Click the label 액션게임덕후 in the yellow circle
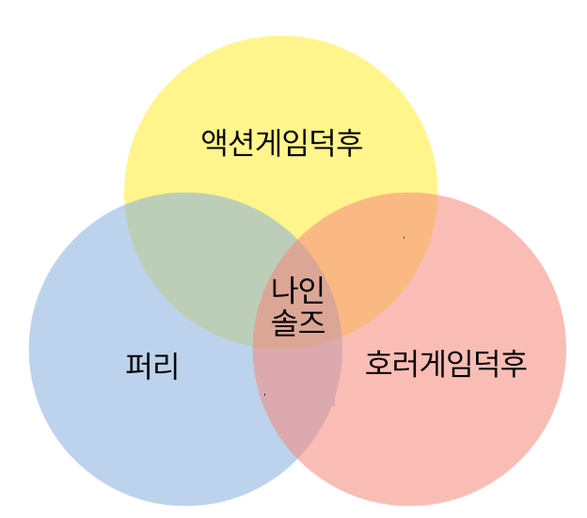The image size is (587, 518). (x=282, y=143)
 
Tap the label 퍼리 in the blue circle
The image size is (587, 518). (x=152, y=365)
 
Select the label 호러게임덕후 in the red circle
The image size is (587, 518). (x=446, y=363)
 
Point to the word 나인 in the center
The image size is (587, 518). (x=298, y=290)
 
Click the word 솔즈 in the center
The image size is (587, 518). (x=298, y=322)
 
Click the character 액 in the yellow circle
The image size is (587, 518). (x=215, y=143)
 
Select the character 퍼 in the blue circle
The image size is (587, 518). (x=139, y=365)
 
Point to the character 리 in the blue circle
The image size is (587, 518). (x=166, y=365)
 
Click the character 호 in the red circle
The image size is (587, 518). (x=379, y=363)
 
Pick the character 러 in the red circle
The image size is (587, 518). (x=405, y=363)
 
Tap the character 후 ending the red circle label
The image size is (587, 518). (x=513, y=363)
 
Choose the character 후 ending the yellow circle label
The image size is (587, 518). (x=349, y=143)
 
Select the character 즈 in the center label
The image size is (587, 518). (x=311, y=322)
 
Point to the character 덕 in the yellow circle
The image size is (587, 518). (x=323, y=143)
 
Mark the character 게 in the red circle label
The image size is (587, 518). (x=433, y=363)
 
